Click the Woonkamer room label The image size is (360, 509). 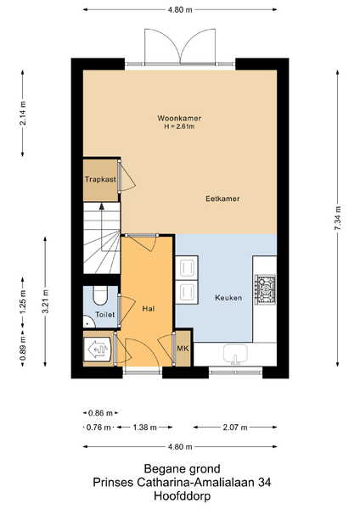pyautogui.click(x=179, y=118)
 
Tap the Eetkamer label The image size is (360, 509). pyautogui.click(x=222, y=199)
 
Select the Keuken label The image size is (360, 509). pyautogui.click(x=228, y=298)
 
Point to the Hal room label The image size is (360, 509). pyautogui.click(x=148, y=309)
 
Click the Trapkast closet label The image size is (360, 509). pyautogui.click(x=100, y=179)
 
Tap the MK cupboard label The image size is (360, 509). pyautogui.click(x=183, y=349)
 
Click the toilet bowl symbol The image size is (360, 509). pyautogui.click(x=100, y=295)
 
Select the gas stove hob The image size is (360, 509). pyautogui.click(x=265, y=290)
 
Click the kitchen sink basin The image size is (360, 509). pyautogui.click(x=235, y=353)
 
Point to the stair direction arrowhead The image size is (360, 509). pyautogui.click(x=102, y=206)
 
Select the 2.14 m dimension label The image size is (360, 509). pyautogui.click(x=22, y=114)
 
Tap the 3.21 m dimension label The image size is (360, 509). pyautogui.click(x=46, y=301)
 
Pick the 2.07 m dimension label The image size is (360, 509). pyautogui.click(x=235, y=428)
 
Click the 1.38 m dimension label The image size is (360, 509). pyautogui.click(x=144, y=428)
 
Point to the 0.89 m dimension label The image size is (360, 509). pyautogui.click(x=22, y=349)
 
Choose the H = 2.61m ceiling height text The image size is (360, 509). pyautogui.click(x=179, y=126)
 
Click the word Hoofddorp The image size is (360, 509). pyautogui.click(x=182, y=496)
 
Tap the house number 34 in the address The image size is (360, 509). pyautogui.click(x=264, y=483)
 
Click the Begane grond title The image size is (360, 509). pyautogui.click(x=182, y=469)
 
